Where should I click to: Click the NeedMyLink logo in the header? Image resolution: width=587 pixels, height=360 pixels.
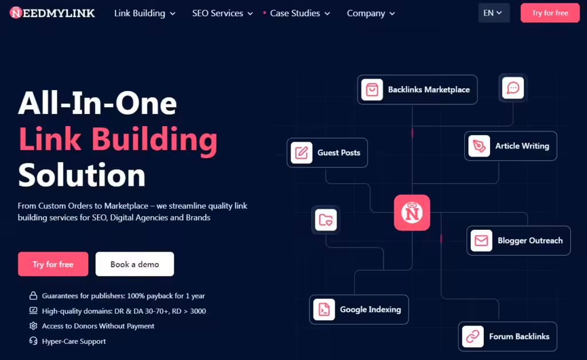[x=52, y=13]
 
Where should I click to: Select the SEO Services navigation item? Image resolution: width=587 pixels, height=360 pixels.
[x=222, y=14]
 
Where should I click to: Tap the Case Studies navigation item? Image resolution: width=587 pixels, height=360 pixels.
[x=296, y=14]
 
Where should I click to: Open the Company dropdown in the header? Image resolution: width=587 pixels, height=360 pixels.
[x=371, y=14]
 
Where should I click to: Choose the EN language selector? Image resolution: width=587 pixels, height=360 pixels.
[x=494, y=13]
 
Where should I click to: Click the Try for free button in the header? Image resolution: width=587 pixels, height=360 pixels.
[x=550, y=13]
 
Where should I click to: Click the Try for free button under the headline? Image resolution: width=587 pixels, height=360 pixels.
[x=53, y=264]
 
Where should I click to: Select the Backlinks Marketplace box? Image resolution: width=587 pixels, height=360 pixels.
[x=417, y=90]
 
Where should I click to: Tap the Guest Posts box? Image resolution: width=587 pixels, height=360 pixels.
[x=327, y=152]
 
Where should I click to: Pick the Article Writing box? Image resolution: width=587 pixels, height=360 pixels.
[x=511, y=146]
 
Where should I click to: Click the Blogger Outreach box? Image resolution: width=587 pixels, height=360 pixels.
[x=518, y=241]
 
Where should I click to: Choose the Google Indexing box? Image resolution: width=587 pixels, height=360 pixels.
[x=359, y=310]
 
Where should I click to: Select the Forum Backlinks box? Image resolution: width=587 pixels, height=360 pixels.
[x=507, y=336]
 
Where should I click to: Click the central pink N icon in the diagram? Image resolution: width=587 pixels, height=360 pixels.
[x=412, y=213]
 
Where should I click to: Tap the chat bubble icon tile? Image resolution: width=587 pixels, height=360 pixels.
[x=513, y=88]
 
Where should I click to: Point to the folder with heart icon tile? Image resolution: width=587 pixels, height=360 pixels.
[x=326, y=220]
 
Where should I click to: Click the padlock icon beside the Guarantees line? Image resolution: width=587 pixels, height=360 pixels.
[x=33, y=296]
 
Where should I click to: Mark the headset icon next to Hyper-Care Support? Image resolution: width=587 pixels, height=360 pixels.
[x=33, y=341]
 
